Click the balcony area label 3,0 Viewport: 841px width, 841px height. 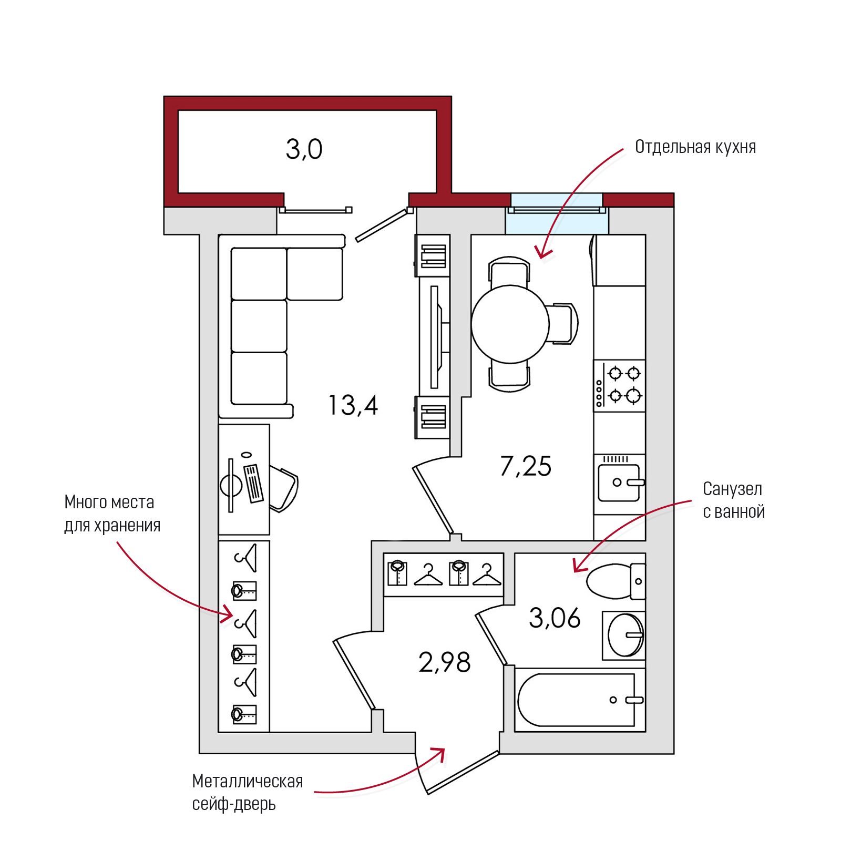point(304,149)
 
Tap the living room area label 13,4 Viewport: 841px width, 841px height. point(353,405)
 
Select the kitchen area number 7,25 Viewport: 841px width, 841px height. point(526,466)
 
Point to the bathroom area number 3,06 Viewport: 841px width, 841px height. point(555,618)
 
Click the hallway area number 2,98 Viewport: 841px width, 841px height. point(445,662)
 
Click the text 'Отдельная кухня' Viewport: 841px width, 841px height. point(695,147)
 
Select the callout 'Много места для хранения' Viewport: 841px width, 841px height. point(112,514)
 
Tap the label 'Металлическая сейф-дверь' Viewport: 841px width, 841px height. point(247,792)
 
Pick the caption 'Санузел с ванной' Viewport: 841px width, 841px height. point(733,500)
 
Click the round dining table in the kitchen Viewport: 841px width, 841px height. point(510,324)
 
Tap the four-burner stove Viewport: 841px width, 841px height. point(619,386)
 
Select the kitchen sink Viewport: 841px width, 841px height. point(619,483)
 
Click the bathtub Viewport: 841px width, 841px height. point(578,700)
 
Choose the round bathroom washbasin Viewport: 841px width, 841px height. point(625,635)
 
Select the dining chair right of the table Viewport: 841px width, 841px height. point(563,323)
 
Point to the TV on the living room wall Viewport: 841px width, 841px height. point(435,337)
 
